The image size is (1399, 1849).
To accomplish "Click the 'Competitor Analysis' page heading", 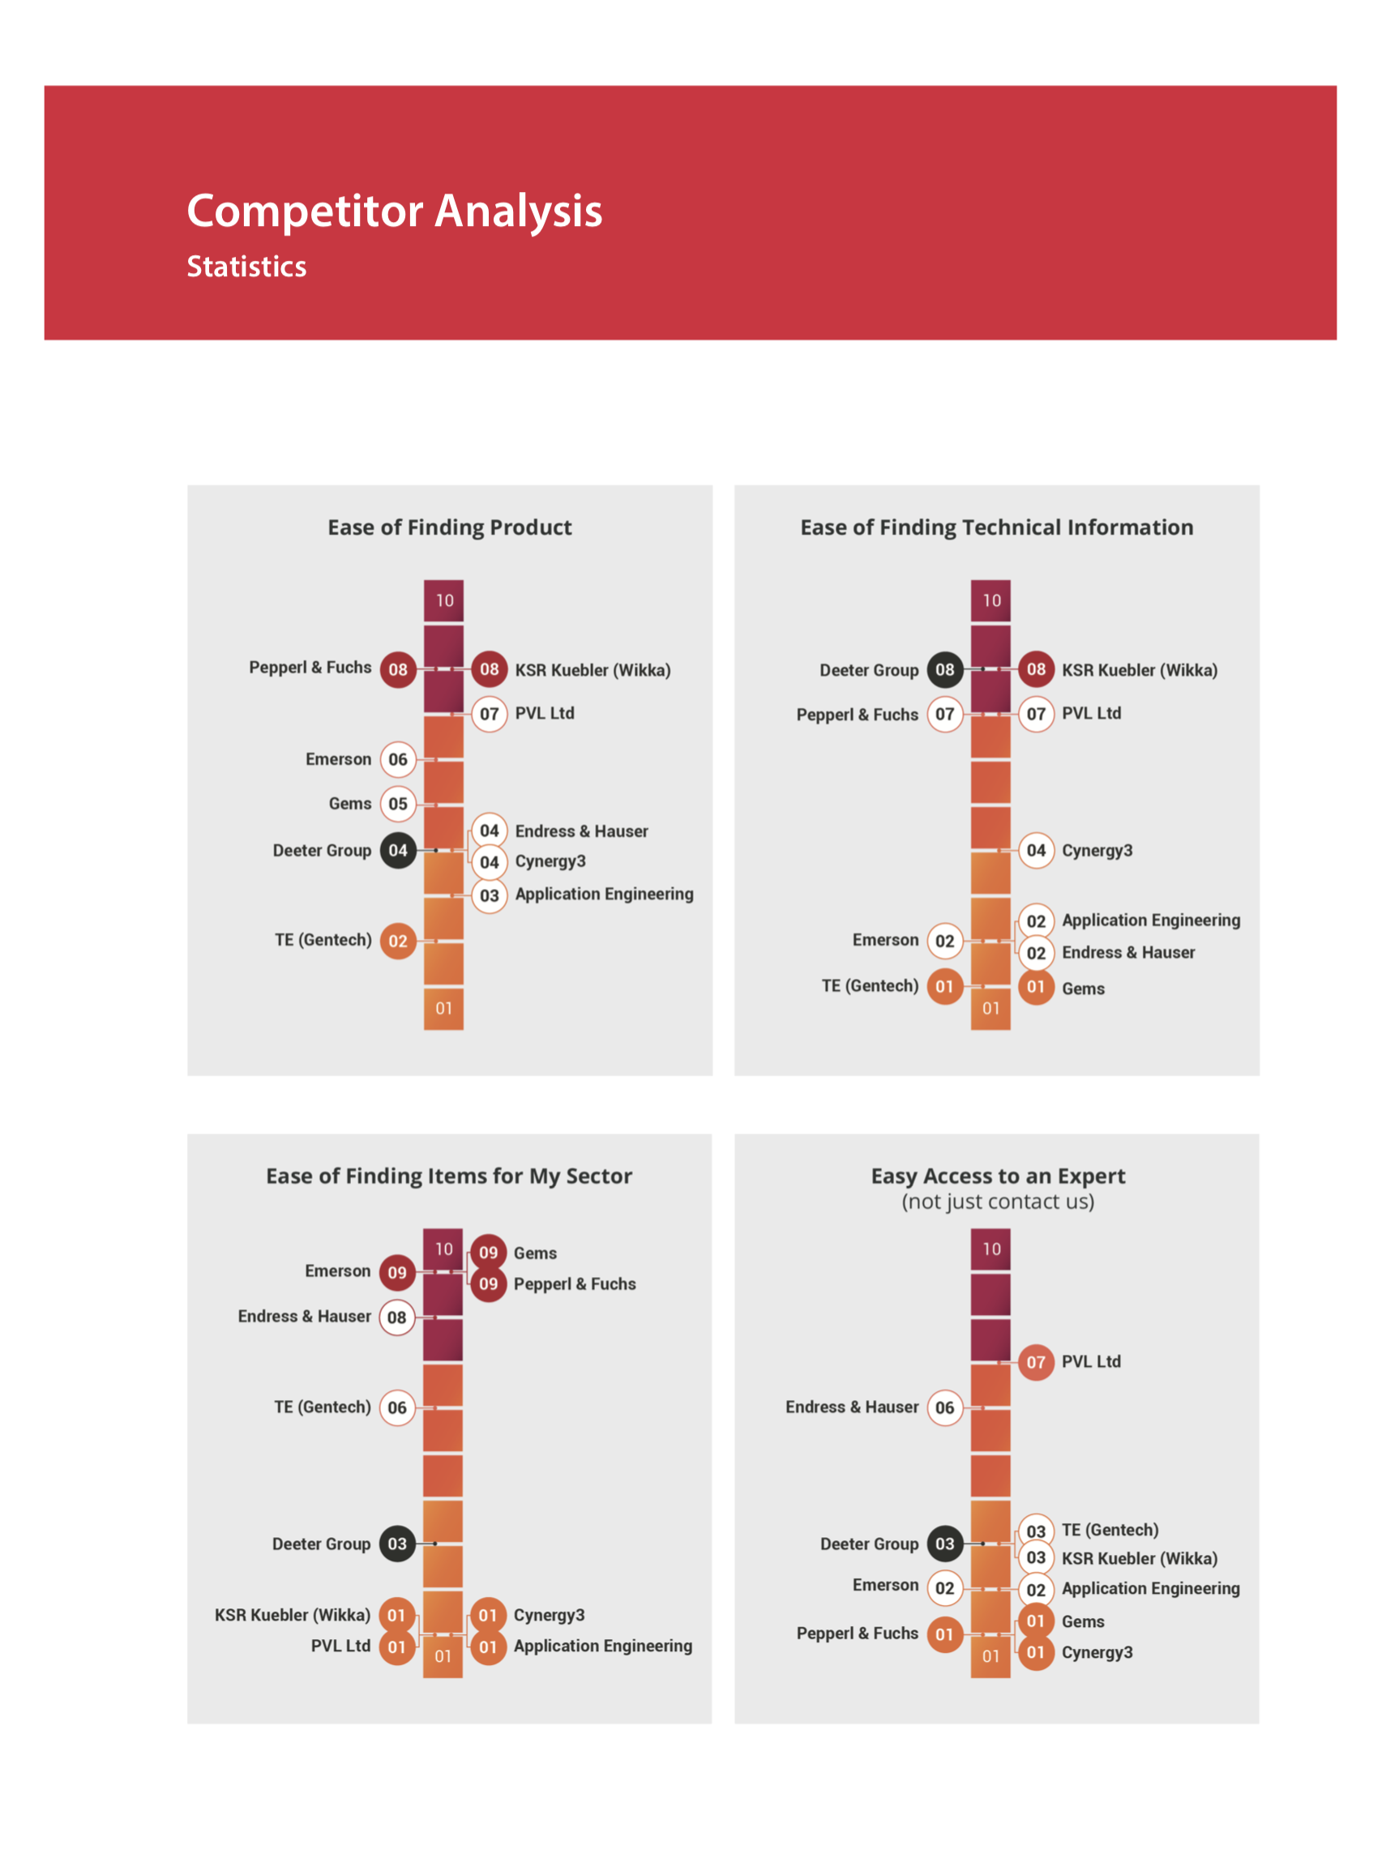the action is (x=394, y=211).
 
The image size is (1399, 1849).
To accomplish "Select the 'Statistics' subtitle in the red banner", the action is (x=246, y=267).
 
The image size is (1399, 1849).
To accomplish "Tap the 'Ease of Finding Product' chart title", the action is (x=450, y=527).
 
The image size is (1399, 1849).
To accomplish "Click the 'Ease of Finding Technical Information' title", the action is (x=997, y=527).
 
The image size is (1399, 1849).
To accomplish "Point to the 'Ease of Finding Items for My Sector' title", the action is (x=449, y=1176).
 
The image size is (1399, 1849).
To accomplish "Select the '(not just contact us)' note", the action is (x=998, y=1202).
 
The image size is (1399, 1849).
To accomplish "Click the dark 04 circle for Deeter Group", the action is (x=398, y=851).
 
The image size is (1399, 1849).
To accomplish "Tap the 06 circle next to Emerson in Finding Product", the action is (x=398, y=760).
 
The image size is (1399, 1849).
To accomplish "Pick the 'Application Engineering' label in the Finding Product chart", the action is (x=605, y=895).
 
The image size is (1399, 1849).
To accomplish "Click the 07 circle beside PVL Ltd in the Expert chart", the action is (x=1036, y=1363).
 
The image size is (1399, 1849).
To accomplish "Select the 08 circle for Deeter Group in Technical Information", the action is (x=945, y=669).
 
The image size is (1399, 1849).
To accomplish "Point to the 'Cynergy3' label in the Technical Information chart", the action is (x=1097, y=851).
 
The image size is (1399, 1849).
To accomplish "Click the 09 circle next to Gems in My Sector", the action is (x=489, y=1252).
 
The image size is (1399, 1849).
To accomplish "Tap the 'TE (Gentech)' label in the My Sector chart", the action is (x=322, y=1407).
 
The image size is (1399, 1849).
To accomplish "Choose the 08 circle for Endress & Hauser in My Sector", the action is (x=397, y=1317).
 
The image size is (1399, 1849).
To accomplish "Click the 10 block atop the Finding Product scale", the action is (x=444, y=600).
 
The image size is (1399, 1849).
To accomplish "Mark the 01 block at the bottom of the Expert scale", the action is (x=991, y=1656).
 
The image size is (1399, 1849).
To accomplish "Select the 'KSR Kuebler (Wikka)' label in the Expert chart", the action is (x=1140, y=1559).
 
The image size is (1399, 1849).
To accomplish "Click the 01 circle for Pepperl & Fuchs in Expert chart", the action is (x=945, y=1634).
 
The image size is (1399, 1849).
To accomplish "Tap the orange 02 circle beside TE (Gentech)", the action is (x=398, y=942).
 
